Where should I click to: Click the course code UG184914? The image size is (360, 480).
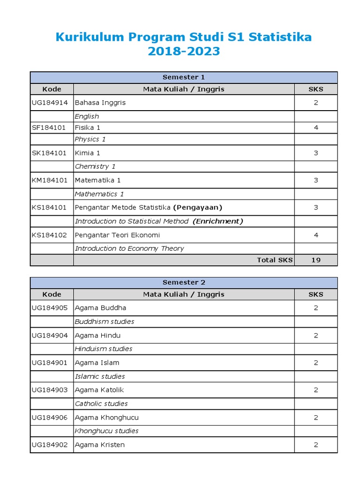(49, 103)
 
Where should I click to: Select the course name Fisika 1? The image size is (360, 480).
(88, 127)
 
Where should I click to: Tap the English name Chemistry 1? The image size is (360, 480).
(95, 166)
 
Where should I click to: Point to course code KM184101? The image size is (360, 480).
(49, 180)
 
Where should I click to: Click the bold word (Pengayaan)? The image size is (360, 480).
(198, 207)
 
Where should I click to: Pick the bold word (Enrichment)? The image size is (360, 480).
(218, 221)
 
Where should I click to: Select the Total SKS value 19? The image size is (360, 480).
(316, 260)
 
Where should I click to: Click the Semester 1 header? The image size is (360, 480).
(184, 77)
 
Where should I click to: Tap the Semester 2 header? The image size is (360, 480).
(184, 282)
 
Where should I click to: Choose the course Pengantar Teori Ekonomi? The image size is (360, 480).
(117, 235)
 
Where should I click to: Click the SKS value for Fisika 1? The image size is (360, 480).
(316, 127)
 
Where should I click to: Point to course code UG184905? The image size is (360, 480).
(49, 308)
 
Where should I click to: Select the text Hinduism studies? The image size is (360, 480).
(104, 349)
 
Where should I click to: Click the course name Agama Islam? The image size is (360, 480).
(97, 362)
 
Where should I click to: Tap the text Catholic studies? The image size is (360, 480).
(101, 404)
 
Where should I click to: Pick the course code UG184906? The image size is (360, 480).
(49, 417)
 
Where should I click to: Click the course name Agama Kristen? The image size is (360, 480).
(100, 445)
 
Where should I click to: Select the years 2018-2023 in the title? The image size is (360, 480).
(184, 52)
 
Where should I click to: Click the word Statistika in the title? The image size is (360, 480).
(280, 37)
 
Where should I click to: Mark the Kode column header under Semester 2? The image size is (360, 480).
(52, 294)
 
